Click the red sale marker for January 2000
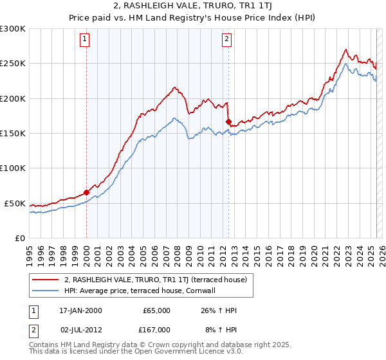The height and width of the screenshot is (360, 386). click(x=86, y=192)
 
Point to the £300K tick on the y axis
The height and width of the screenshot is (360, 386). click(x=12, y=29)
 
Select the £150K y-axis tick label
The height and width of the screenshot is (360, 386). click(x=12, y=134)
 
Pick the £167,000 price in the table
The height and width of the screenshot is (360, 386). click(x=156, y=329)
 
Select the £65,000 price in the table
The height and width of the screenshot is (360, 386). click(x=156, y=310)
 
